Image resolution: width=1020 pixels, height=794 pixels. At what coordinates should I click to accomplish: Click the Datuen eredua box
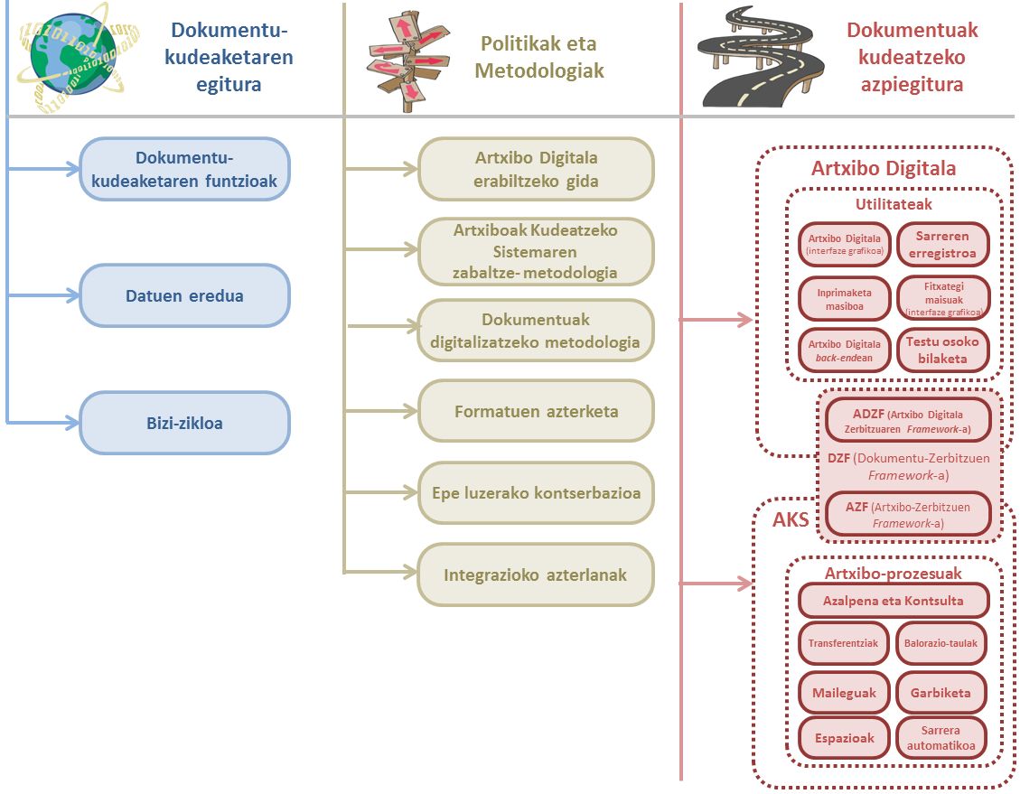click(x=184, y=295)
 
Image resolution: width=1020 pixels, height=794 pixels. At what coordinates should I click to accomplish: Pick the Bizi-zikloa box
click(x=184, y=423)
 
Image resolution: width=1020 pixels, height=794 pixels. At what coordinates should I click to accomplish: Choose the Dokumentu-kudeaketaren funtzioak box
click(x=184, y=169)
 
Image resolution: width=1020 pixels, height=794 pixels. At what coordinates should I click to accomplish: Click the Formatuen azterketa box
click(x=536, y=412)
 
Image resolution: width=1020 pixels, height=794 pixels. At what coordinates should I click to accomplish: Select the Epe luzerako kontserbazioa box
click(x=536, y=494)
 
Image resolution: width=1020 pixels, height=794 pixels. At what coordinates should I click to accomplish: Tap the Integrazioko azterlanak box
click(x=536, y=575)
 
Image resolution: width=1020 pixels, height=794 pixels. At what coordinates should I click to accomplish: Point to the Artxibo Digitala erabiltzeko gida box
click(x=536, y=169)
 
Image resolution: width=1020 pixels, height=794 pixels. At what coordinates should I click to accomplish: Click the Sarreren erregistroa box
click(x=944, y=245)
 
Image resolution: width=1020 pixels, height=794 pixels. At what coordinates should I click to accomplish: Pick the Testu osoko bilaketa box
click(x=944, y=350)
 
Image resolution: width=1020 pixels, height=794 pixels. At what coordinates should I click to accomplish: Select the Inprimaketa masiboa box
click(x=844, y=298)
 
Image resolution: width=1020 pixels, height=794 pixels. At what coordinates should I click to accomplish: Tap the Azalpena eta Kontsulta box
click(x=893, y=601)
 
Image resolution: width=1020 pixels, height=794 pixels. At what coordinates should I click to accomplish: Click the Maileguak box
click(x=844, y=693)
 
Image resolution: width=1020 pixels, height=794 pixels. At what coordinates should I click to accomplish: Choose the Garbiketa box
click(x=940, y=693)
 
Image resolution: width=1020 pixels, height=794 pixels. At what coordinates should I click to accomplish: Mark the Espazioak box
click(x=844, y=738)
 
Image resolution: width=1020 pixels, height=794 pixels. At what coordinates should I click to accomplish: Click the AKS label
click(x=791, y=520)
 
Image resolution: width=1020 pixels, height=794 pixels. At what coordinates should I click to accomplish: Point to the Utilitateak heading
click(x=894, y=205)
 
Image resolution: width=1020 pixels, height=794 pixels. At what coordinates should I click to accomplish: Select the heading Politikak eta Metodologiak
click(x=539, y=57)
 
